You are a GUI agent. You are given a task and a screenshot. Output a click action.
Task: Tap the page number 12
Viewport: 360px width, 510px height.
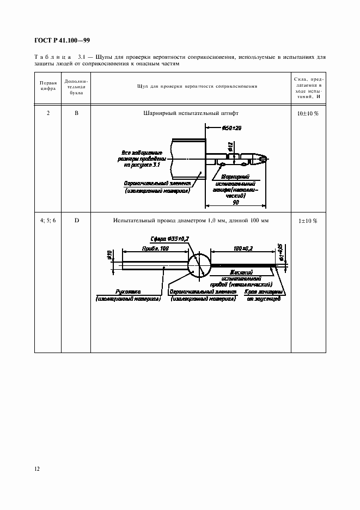point(36,467)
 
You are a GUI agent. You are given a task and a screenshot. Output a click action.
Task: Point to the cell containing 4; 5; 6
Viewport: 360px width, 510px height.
point(48,221)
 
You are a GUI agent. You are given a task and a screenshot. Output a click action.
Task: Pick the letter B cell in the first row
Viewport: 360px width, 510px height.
point(77,113)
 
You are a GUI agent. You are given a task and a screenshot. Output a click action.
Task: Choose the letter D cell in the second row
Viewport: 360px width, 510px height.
point(77,221)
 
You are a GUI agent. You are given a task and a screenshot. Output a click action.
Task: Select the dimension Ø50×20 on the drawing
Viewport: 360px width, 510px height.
point(232,128)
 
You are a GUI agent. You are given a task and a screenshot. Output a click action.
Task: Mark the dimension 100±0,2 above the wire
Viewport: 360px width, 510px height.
point(242,248)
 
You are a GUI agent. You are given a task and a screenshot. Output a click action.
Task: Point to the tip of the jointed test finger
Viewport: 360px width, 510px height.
point(265,160)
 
